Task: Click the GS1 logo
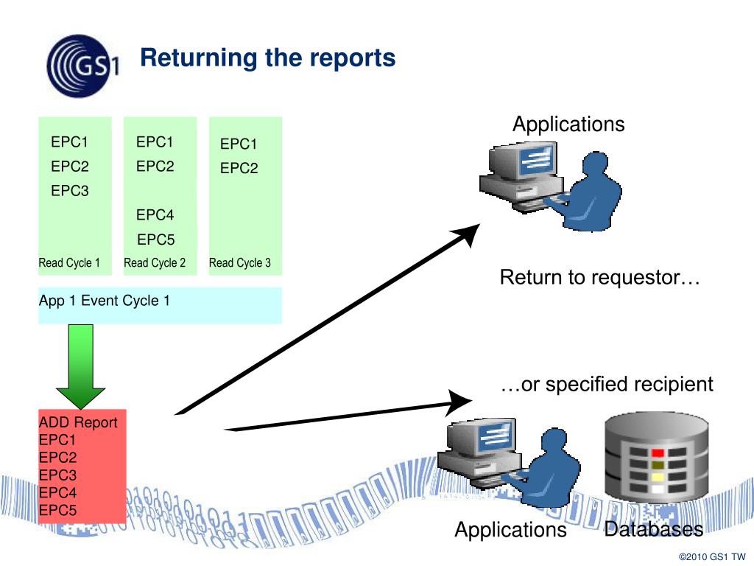pyautogui.click(x=82, y=66)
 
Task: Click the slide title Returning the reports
pyautogui.click(x=268, y=57)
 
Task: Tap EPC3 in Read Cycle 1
pyautogui.click(x=70, y=191)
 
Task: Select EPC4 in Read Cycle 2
pyautogui.click(x=155, y=214)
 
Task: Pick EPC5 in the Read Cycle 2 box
pyautogui.click(x=156, y=240)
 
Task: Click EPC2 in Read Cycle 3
pyautogui.click(x=239, y=168)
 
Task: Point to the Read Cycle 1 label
pyautogui.click(x=69, y=263)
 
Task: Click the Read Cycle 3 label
pyautogui.click(x=240, y=263)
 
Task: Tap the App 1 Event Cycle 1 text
pyautogui.click(x=105, y=301)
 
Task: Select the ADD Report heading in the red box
pyautogui.click(x=78, y=422)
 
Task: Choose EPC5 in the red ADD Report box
pyautogui.click(x=57, y=510)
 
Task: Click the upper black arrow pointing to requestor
pyautogui.click(x=328, y=318)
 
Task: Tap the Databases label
pyautogui.click(x=654, y=529)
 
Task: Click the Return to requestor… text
pyautogui.click(x=599, y=277)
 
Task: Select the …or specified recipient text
pyautogui.click(x=607, y=384)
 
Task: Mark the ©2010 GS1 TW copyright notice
pyautogui.click(x=712, y=557)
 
